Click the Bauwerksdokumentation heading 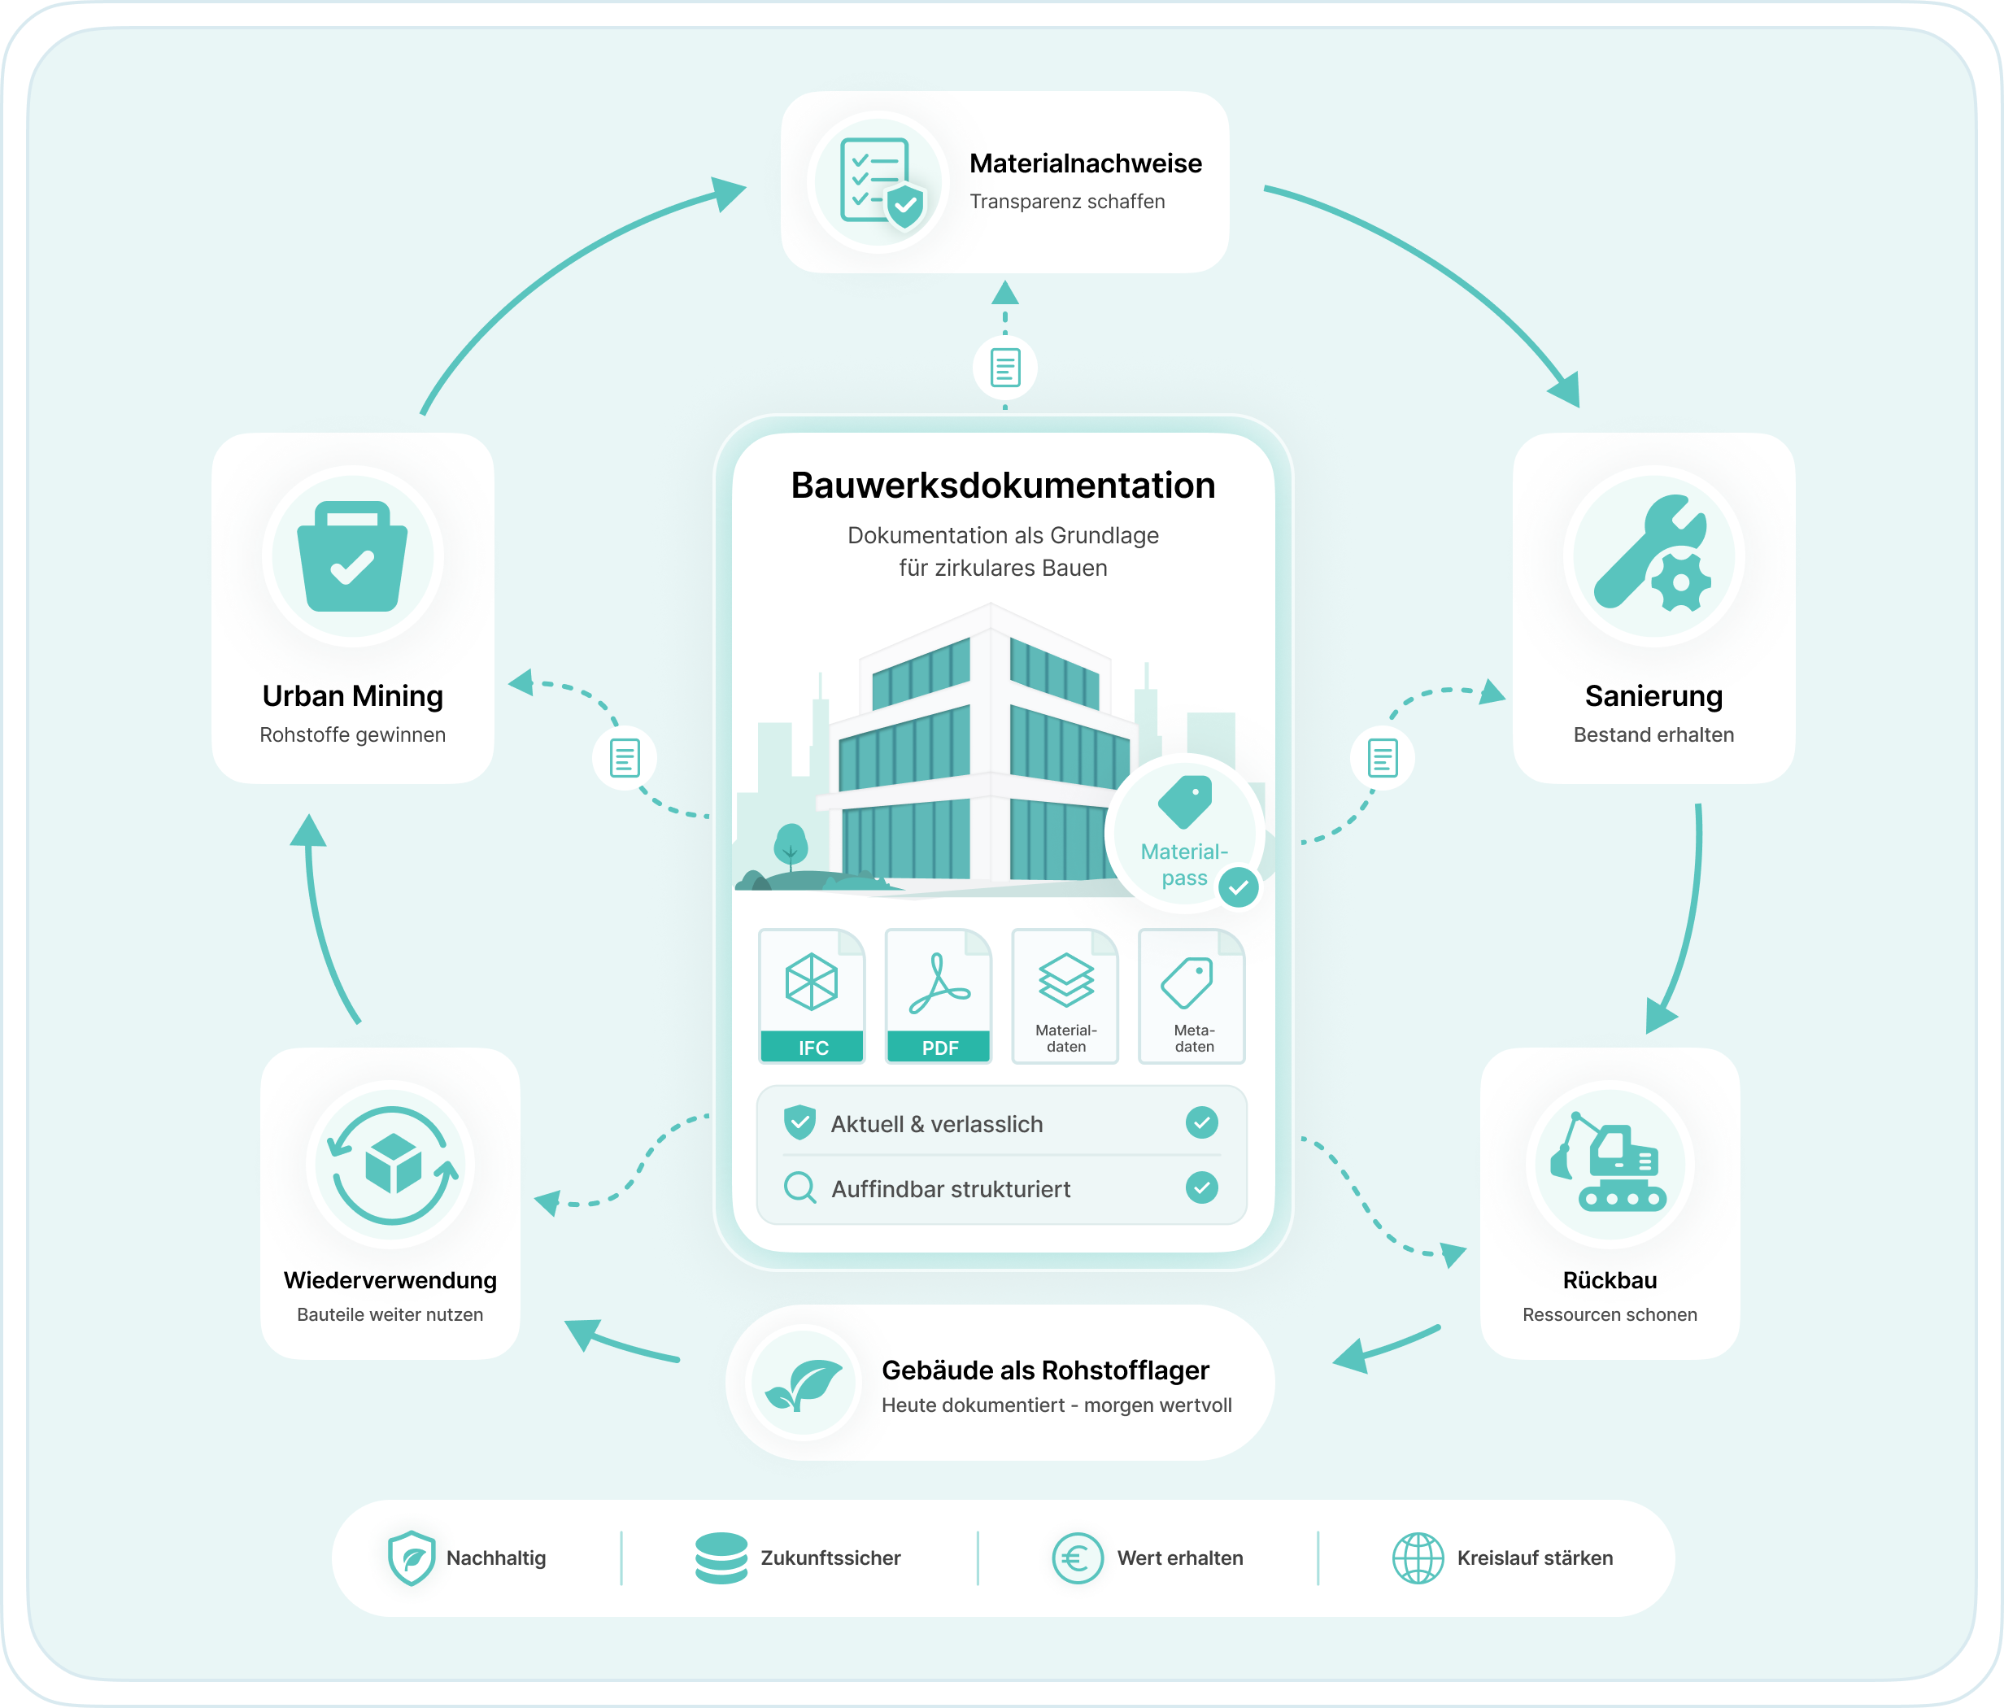[1003, 486]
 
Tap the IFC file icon [812, 996]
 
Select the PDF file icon [939, 996]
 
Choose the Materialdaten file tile [1065, 996]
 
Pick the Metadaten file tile [1192, 996]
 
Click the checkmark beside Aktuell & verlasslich [1202, 1123]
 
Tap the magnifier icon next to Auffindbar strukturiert [799, 1187]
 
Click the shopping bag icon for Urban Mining [352, 556]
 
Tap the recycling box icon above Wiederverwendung [392, 1166]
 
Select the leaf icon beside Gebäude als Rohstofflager [804, 1384]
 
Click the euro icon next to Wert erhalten [1078, 1558]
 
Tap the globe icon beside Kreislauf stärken [1418, 1558]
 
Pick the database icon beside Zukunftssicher [721, 1558]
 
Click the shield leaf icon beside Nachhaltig [411, 1558]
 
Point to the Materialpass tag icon [1186, 802]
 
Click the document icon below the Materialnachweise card [1005, 368]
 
